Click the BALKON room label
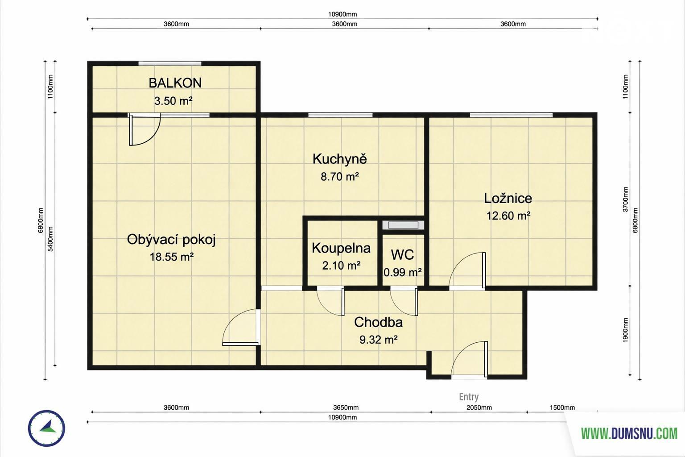(x=175, y=83)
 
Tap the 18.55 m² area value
(x=171, y=257)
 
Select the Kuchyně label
(x=339, y=159)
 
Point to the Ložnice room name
(x=508, y=198)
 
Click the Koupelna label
(x=341, y=248)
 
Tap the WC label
(x=402, y=255)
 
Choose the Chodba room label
(x=378, y=322)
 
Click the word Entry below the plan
(x=469, y=397)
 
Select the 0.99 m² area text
(x=403, y=272)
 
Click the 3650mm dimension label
(x=346, y=407)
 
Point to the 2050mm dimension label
(x=479, y=407)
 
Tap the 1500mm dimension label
(x=562, y=407)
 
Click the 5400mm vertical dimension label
(x=50, y=239)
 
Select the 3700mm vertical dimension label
(x=625, y=199)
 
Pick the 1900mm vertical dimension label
(x=625, y=330)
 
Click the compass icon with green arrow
(x=46, y=428)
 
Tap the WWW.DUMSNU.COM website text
(x=629, y=433)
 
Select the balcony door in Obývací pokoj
(x=144, y=129)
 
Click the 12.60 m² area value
(x=508, y=216)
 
